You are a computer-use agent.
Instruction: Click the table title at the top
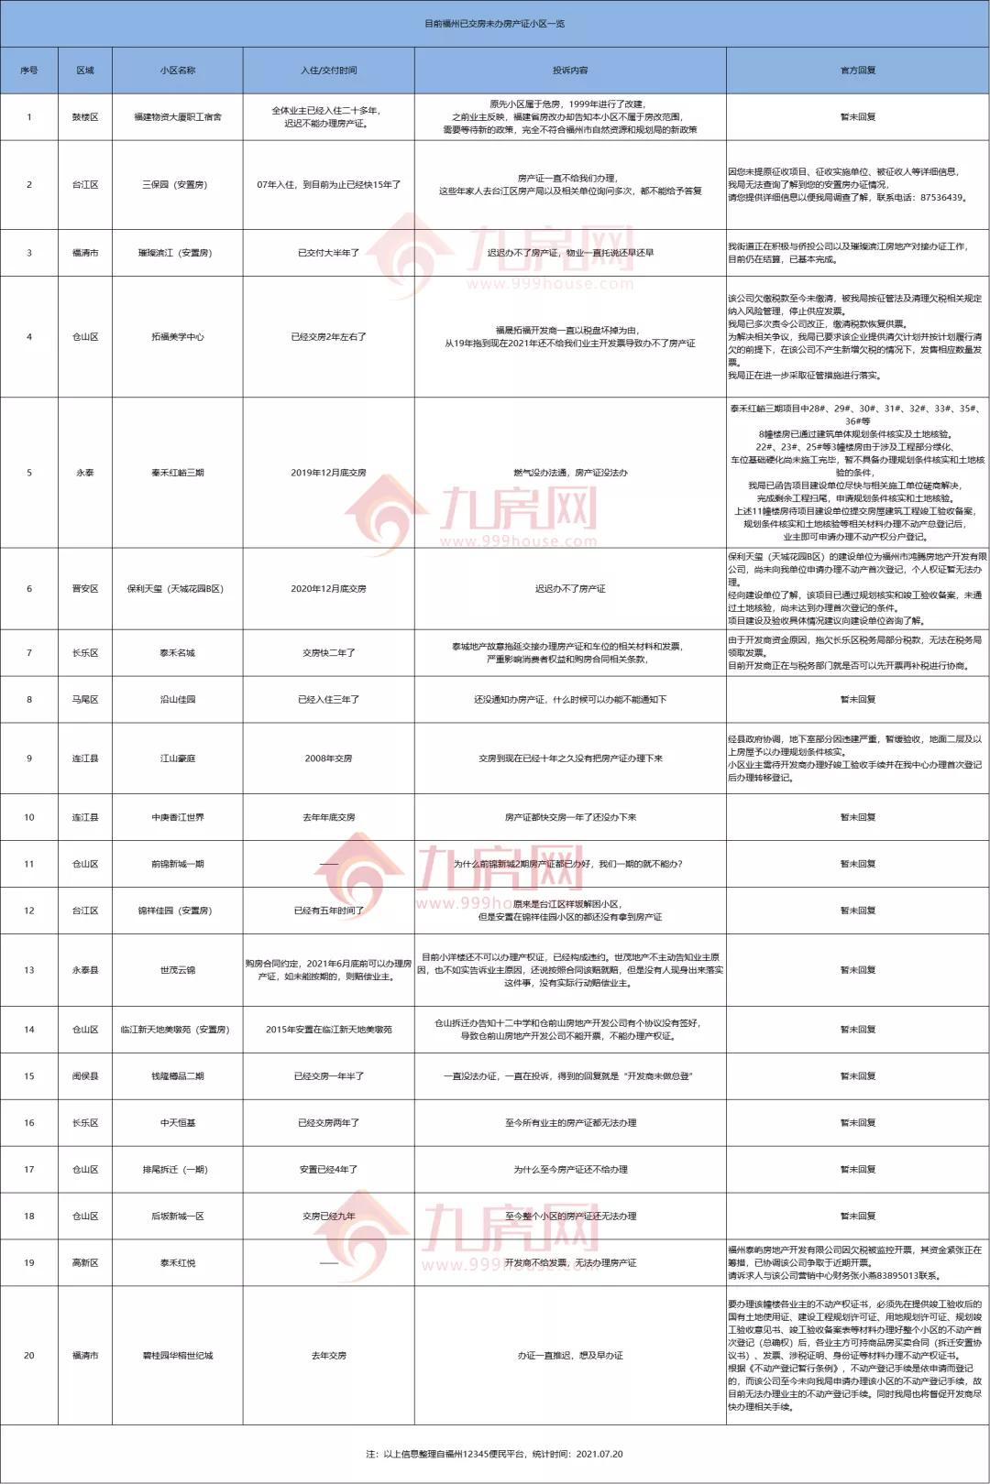coord(494,24)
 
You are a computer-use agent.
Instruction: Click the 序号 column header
coord(29,71)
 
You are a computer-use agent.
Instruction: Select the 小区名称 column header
coord(177,71)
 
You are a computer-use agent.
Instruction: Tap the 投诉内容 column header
coord(569,71)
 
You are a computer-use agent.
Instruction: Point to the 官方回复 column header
coord(857,71)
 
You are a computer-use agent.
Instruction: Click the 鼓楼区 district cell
coord(85,117)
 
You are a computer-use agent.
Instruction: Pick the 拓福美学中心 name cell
coord(177,337)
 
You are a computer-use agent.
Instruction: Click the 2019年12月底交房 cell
coord(328,473)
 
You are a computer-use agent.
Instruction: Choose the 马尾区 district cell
coord(85,700)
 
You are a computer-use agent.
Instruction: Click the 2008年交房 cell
coord(328,758)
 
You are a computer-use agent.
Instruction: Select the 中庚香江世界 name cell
coord(177,817)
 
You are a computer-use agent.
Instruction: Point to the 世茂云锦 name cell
coord(177,970)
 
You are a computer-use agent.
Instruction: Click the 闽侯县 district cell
coord(85,1076)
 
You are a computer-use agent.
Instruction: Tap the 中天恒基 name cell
coord(177,1123)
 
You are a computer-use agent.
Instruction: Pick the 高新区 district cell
coord(85,1263)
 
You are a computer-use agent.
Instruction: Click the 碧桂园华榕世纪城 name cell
coord(177,1356)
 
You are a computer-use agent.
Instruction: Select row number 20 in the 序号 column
coord(29,1356)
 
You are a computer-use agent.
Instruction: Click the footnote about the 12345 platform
coord(494,1454)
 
